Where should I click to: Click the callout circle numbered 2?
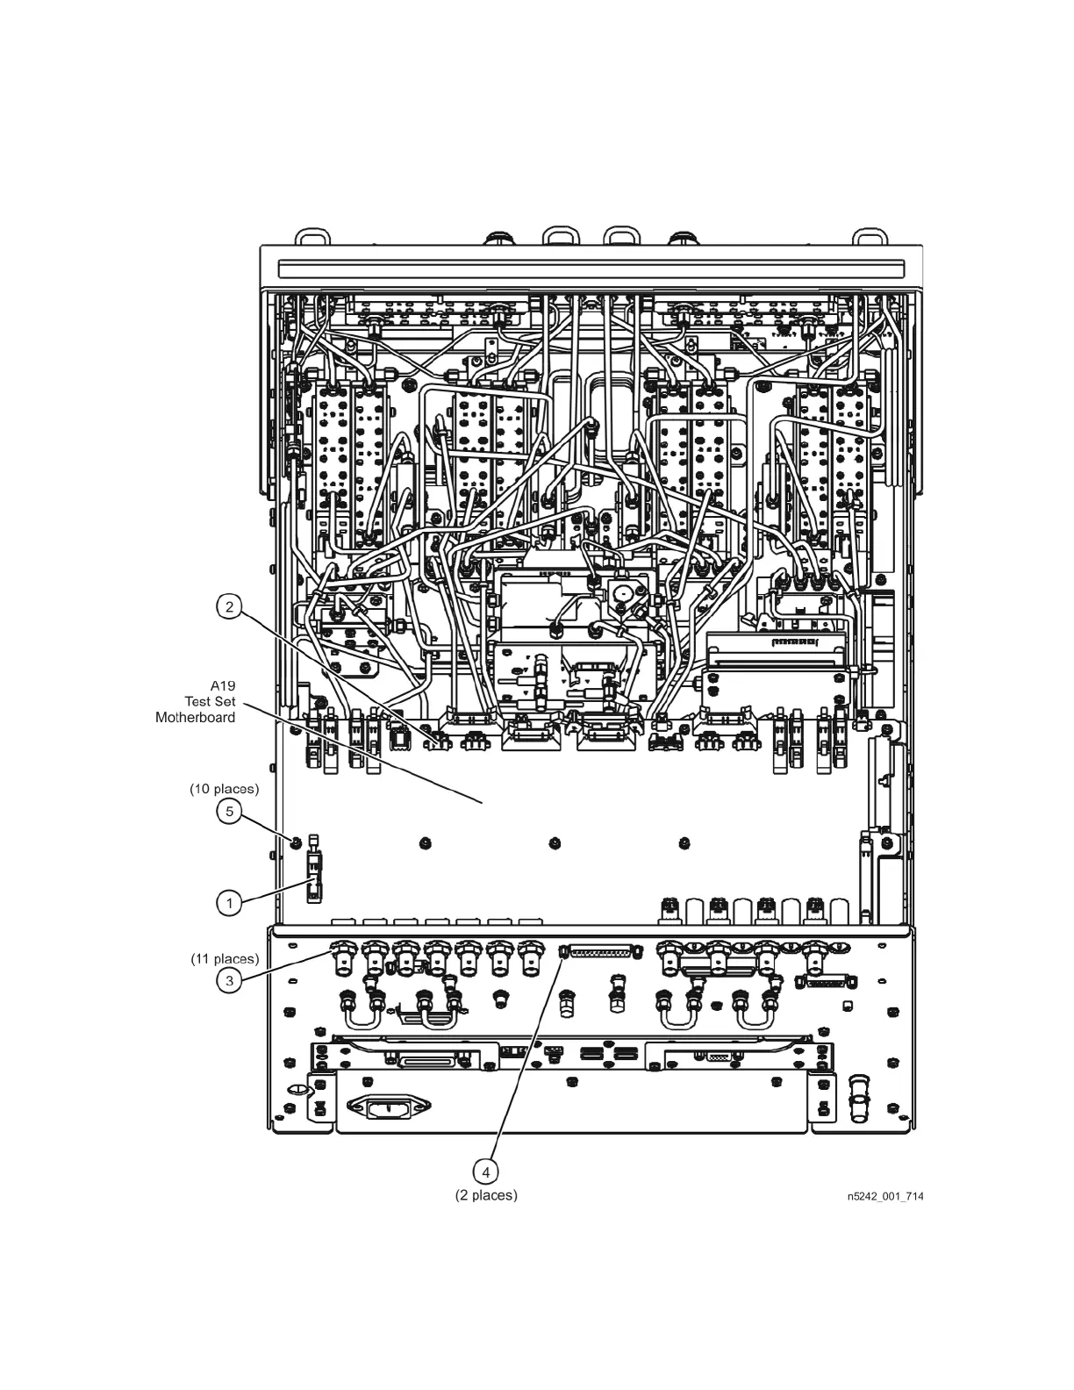point(229,606)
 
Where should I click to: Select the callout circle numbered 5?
point(229,812)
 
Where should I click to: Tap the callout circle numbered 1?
point(229,902)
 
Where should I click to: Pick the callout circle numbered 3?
point(229,980)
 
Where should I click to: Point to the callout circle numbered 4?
point(485,1171)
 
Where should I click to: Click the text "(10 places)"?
point(225,789)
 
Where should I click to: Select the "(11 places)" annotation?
point(225,958)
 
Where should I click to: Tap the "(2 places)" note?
point(486,1195)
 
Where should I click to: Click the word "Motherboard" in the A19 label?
point(195,717)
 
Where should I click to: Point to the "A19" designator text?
point(223,685)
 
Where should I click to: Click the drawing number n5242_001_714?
point(884,1196)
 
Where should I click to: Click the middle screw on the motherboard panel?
point(555,843)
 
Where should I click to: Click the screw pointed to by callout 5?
point(297,842)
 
